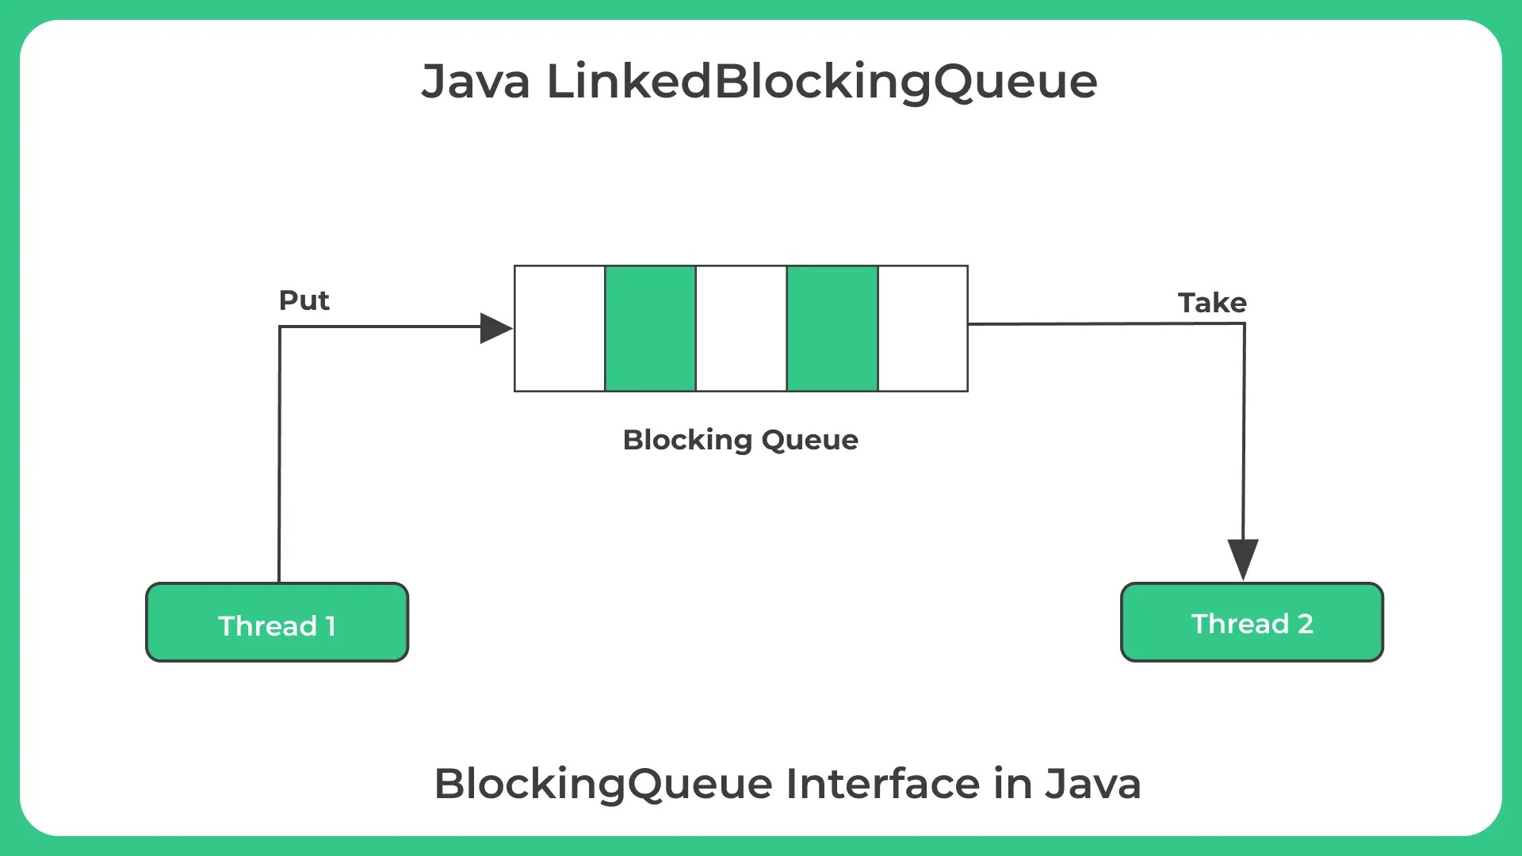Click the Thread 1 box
[x=277, y=623]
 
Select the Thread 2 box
[x=1252, y=623]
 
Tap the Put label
[x=304, y=300]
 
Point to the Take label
[x=1212, y=303]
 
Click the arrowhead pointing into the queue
[x=495, y=328]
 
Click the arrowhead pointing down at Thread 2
[x=1243, y=557]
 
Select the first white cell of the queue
[x=560, y=328]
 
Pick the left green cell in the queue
[x=650, y=328]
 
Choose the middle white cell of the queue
[x=741, y=328]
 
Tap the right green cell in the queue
[x=832, y=328]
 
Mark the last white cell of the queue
[x=923, y=328]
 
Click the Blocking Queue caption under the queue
[x=740, y=440]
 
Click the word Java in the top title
[x=476, y=81]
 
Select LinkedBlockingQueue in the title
[x=822, y=82]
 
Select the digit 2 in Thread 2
[x=1305, y=624]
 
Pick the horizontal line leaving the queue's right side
[x=1102, y=323]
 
